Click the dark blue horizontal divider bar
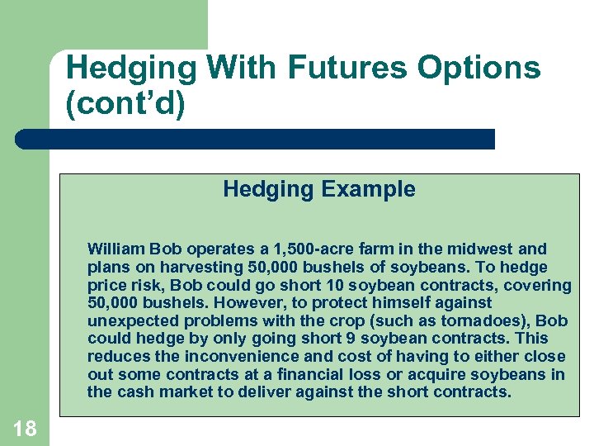point(256,139)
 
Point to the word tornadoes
point(488,320)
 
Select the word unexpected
point(132,320)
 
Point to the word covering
point(540,285)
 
